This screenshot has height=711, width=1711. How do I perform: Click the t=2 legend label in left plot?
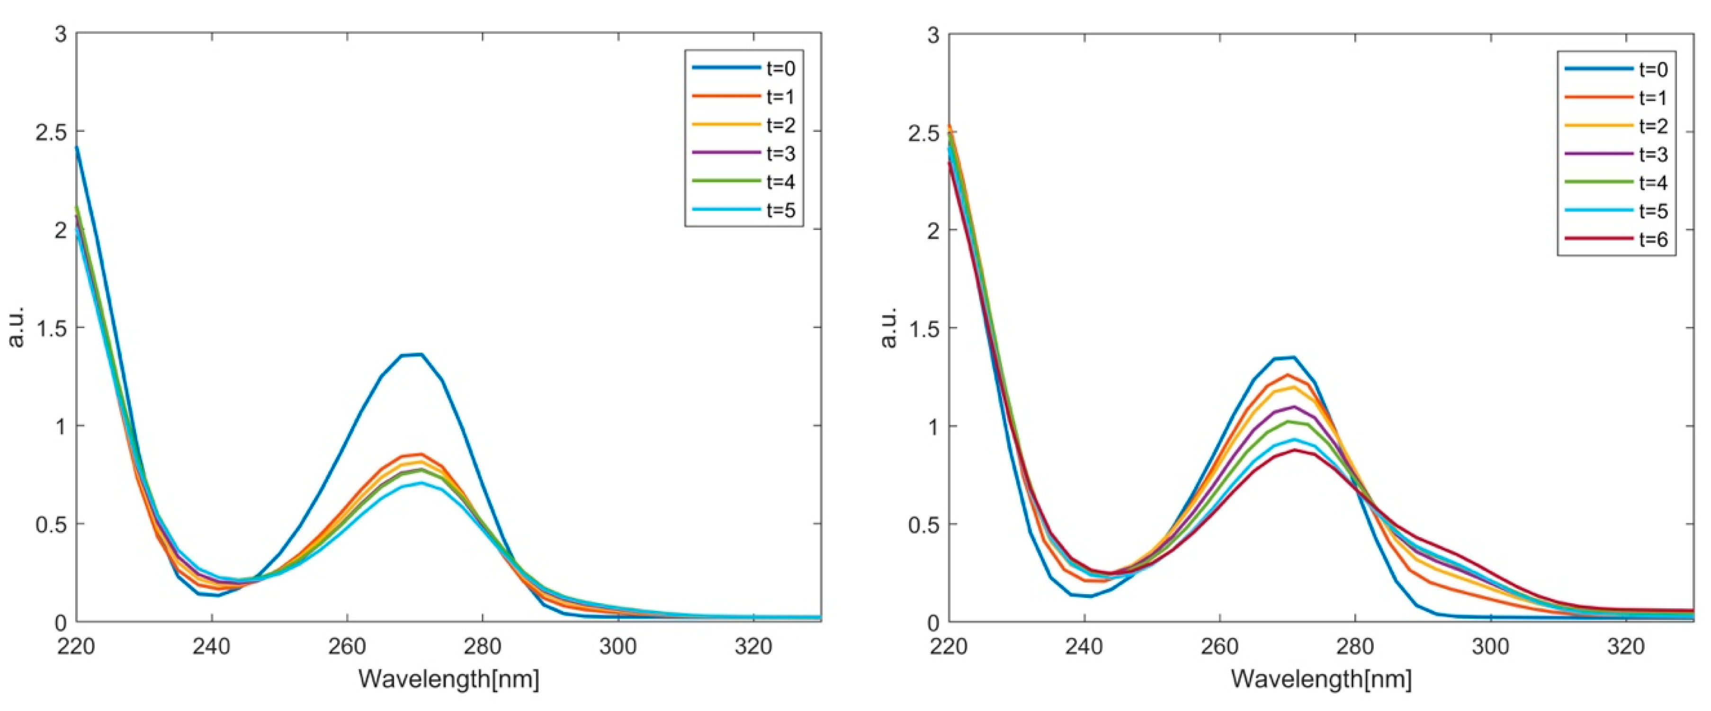point(780,125)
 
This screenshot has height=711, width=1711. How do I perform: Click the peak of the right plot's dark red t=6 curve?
point(1294,450)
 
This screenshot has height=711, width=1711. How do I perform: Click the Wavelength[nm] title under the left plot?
point(449,679)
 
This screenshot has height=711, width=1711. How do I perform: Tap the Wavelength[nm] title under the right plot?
point(1321,679)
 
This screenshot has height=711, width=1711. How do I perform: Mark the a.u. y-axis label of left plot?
point(17,327)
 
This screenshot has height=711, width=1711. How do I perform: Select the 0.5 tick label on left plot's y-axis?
point(51,524)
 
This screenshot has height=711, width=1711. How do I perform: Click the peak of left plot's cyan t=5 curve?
point(420,483)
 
